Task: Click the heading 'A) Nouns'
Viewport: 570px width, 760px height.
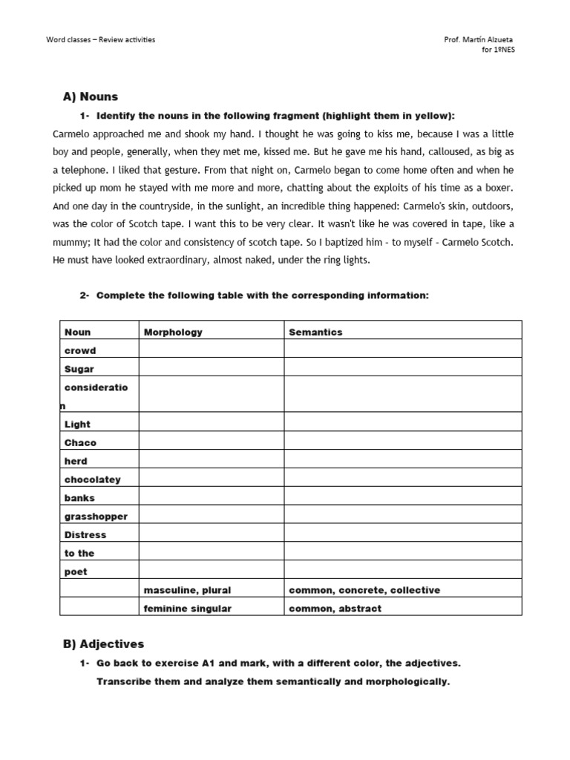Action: [91, 96]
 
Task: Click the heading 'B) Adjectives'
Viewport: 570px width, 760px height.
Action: [104, 643]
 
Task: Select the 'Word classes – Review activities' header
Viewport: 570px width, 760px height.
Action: [101, 39]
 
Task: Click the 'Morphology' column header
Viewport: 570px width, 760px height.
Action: [173, 332]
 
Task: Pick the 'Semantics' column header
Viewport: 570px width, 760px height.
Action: [315, 332]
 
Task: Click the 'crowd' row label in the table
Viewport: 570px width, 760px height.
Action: [80, 350]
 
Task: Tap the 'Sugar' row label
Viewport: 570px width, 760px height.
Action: [79, 369]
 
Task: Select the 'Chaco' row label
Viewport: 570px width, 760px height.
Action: [80, 442]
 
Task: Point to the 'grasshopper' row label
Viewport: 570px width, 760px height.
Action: [96, 516]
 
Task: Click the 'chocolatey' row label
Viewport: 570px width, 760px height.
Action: [93, 479]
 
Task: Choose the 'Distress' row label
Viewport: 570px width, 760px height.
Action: [85, 534]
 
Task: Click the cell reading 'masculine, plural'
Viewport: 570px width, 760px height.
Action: [187, 590]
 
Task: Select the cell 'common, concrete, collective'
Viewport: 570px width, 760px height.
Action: [364, 590]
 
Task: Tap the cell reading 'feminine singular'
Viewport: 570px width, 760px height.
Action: [188, 609]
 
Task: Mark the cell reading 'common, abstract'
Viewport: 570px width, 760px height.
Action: [335, 609]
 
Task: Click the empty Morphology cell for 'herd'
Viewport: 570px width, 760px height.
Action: [211, 461]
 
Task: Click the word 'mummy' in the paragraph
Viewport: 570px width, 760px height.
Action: [71, 241]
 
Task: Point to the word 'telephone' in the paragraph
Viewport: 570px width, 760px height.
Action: [89, 169]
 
